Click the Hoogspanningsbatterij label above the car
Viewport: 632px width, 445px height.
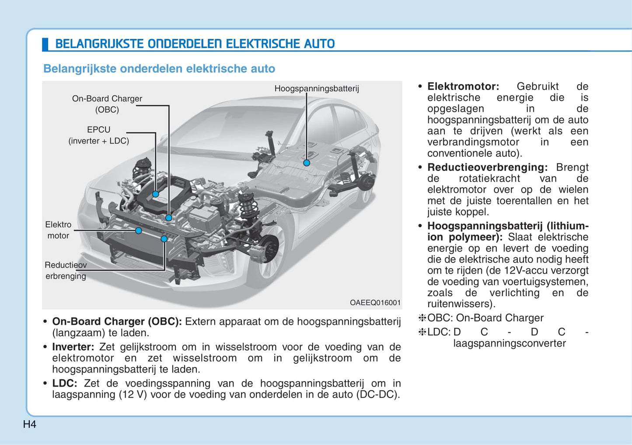coord(317,89)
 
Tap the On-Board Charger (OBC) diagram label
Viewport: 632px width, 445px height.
coord(107,104)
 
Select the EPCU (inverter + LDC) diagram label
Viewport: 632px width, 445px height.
coord(99,135)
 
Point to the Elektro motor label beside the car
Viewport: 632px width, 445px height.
coord(58,230)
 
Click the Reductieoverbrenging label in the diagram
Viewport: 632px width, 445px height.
coord(66,270)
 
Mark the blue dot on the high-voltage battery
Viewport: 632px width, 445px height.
coord(307,163)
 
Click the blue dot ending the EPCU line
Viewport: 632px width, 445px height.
coord(156,194)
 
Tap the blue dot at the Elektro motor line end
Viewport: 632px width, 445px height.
coord(139,231)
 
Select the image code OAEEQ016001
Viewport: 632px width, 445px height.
coord(375,303)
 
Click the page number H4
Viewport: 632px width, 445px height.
coord(30,424)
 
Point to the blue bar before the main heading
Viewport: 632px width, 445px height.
coord(45,44)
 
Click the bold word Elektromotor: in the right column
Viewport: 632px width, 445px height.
coord(463,86)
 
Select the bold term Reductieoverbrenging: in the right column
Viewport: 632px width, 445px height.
coord(487,168)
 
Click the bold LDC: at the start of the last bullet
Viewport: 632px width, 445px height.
coord(65,383)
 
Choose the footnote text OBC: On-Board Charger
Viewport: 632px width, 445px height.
coord(485,318)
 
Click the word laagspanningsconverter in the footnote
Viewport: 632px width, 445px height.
coord(510,344)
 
